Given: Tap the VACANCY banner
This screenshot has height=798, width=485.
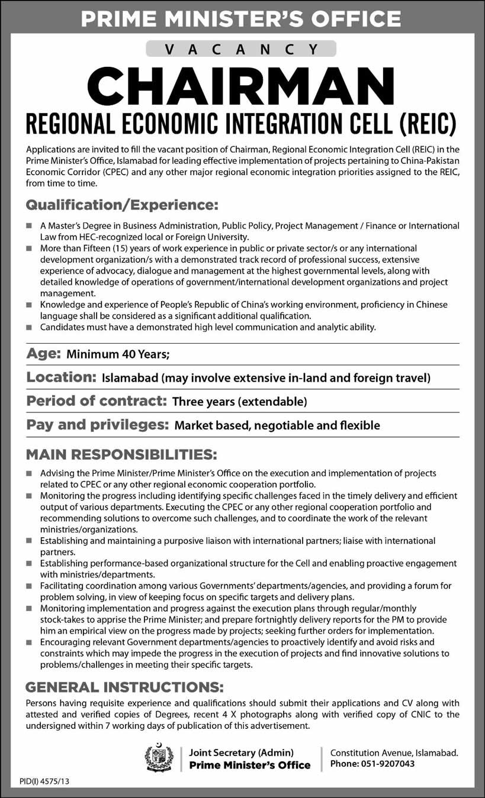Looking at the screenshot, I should pos(243,49).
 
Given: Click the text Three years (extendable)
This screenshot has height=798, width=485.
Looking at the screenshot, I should pos(239,402).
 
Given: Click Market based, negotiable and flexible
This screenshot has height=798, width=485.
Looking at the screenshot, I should pos(276,425).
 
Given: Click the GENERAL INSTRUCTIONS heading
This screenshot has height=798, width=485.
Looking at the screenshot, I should pos(124,687).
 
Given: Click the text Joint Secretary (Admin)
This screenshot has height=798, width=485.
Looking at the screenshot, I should pos(241,752).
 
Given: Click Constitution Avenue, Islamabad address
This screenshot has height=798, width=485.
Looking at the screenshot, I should pos(394,752).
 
